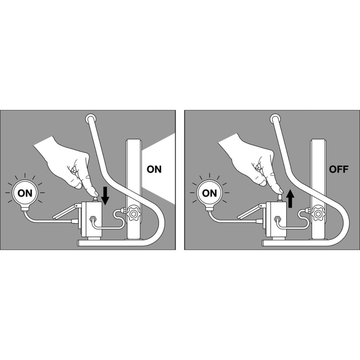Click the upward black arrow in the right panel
291,199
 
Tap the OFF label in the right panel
339,169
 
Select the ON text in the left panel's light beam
154,169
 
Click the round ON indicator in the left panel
25,193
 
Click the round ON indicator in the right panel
210,193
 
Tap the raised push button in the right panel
280,197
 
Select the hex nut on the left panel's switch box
93,218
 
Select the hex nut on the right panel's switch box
278,218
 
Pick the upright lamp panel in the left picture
134,189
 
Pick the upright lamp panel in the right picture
318,189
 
